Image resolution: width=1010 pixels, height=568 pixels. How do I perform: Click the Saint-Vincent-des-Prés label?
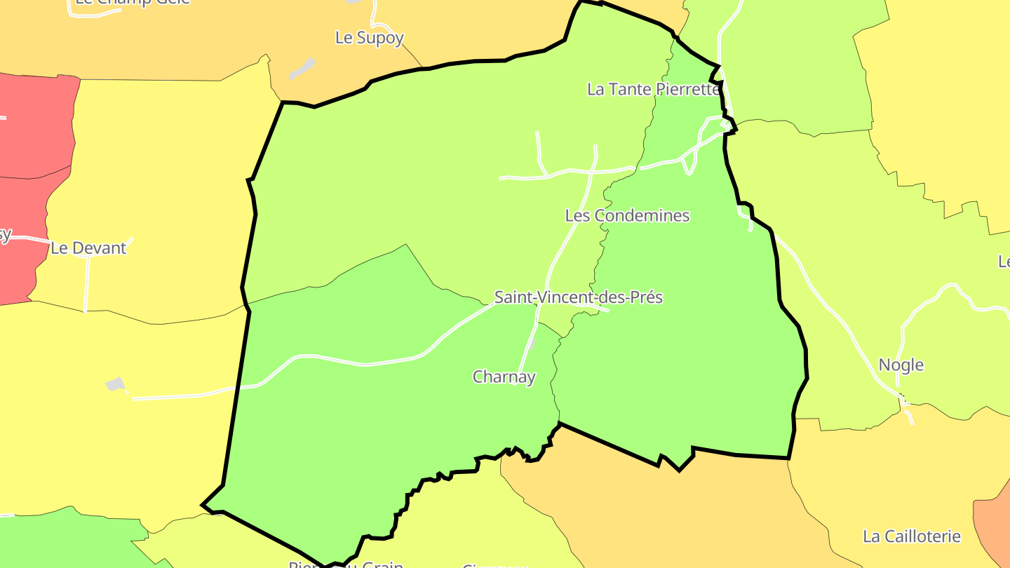(578, 297)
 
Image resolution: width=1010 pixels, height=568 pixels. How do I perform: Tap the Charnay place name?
(504, 377)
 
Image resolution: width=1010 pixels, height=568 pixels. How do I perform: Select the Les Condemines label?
(627, 216)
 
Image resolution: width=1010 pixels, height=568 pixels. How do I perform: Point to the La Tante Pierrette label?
(654, 89)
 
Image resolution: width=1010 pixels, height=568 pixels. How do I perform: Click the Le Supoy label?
(369, 38)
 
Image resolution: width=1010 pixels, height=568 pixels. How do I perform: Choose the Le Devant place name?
(88, 248)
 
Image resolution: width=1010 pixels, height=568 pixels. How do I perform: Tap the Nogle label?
(901, 365)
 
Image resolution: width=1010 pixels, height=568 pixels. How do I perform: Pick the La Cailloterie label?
(911, 536)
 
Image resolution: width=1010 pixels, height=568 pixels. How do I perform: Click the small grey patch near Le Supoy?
(302, 69)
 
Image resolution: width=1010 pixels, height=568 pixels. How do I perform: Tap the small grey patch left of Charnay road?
(115, 384)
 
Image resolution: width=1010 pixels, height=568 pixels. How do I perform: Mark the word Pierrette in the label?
(686, 89)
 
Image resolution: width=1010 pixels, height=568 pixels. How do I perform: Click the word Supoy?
(381, 38)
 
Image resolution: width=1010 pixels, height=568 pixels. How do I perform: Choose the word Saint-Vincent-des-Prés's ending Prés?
(647, 297)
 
